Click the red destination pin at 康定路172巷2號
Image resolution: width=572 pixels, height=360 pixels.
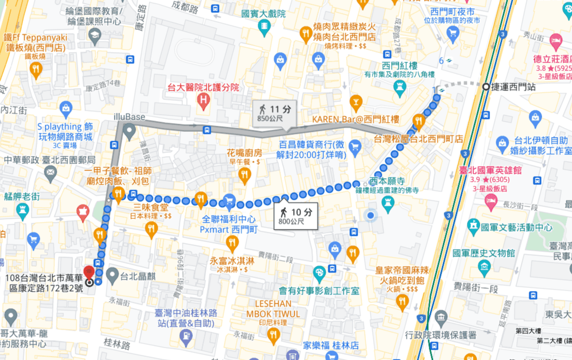tap(89, 271)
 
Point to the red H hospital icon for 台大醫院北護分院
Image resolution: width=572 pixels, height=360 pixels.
tap(205, 99)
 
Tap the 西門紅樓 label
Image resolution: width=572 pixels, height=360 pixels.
tap(399, 66)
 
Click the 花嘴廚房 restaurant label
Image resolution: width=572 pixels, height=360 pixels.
tap(245, 153)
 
